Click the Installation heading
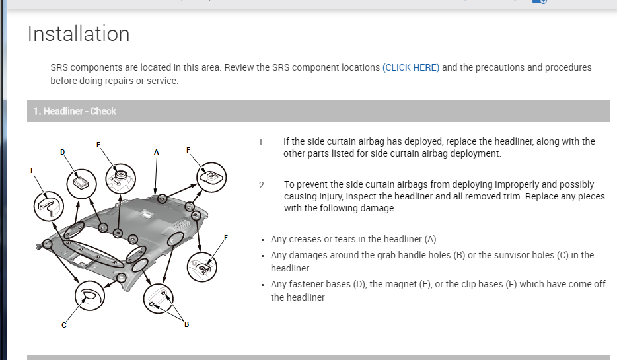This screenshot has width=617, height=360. point(79,34)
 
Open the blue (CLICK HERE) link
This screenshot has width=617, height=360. point(411,67)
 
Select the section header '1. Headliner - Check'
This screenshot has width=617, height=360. point(75,112)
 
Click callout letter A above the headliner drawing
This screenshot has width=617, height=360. point(156,153)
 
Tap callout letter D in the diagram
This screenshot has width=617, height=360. point(63,153)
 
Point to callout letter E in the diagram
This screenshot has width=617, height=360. point(98,145)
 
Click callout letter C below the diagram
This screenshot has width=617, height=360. point(63,325)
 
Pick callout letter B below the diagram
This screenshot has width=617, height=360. point(186,324)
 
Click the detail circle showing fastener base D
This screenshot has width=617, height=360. point(81,184)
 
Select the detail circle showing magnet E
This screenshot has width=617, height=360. point(121,178)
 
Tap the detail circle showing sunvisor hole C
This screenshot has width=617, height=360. point(90,295)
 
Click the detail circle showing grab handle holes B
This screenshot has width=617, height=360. point(158,299)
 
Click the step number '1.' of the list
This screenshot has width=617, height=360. point(262,143)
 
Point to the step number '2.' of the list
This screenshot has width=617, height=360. point(262,186)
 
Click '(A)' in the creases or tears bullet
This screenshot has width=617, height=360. point(430,239)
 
